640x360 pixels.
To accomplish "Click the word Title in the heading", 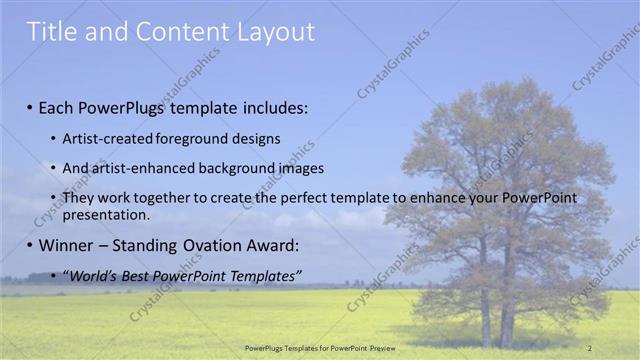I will (50, 32).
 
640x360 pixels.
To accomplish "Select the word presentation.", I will (105, 215).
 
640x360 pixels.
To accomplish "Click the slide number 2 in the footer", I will (589, 347).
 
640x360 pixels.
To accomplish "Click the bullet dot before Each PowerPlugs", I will (30, 107).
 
